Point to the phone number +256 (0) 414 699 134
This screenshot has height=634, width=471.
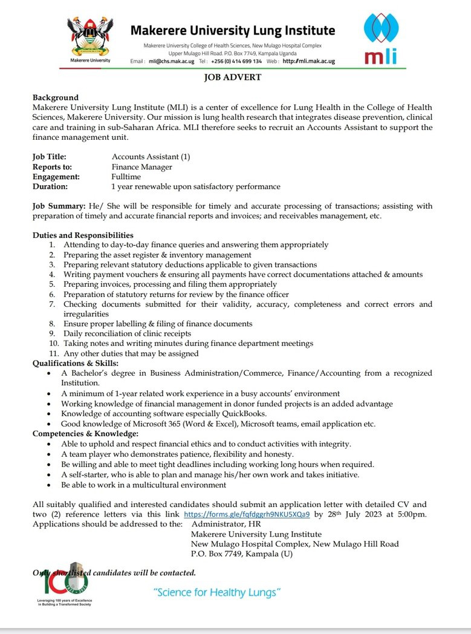click(236, 62)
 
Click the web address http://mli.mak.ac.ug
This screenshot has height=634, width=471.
click(308, 62)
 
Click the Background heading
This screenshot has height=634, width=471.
click(56, 97)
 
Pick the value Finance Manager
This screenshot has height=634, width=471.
click(141, 167)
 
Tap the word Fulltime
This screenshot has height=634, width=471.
click(128, 177)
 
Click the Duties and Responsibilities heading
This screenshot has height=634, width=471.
click(83, 235)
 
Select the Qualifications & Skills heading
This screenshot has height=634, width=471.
click(75, 363)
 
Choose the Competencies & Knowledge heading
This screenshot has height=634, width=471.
click(85, 434)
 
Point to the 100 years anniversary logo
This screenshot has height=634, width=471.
click(58, 583)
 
